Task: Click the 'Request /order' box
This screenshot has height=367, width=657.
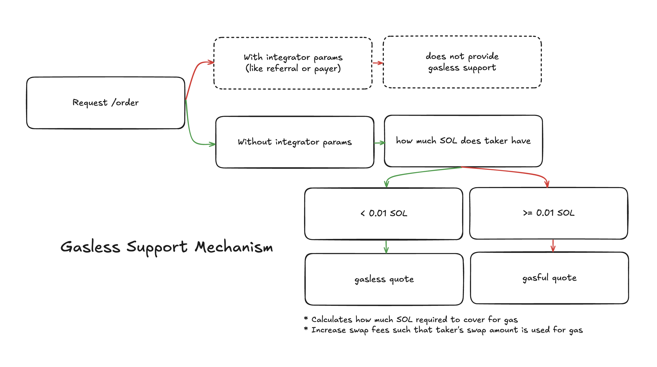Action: pyautogui.click(x=106, y=103)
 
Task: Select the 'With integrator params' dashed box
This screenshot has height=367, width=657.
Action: pyautogui.click(x=293, y=63)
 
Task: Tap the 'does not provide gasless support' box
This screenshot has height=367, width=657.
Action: pyautogui.click(x=462, y=62)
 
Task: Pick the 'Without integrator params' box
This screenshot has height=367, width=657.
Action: pyautogui.click(x=295, y=142)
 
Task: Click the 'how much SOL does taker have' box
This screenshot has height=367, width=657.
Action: pyautogui.click(x=463, y=141)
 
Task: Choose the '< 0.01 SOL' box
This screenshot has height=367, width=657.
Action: pyautogui.click(x=384, y=214)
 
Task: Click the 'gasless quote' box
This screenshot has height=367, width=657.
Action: pyautogui.click(x=384, y=279)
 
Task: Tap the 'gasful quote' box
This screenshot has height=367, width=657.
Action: pyautogui.click(x=549, y=278)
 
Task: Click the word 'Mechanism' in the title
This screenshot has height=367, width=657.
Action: pyautogui.click(x=234, y=247)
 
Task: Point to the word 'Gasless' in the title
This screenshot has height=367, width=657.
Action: pyautogui.click(x=90, y=247)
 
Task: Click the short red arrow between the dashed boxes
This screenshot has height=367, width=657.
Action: pyautogui.click(x=378, y=63)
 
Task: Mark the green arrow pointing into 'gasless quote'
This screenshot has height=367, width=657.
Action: pyautogui.click(x=386, y=247)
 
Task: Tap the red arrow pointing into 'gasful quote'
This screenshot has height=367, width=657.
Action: pyautogui.click(x=553, y=246)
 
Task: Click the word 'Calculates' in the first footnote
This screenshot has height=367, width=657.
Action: pyautogui.click(x=331, y=320)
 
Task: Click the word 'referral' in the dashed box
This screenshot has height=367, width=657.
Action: pyautogui.click(x=282, y=68)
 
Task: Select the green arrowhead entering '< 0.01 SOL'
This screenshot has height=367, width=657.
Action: pyautogui.click(x=387, y=184)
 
